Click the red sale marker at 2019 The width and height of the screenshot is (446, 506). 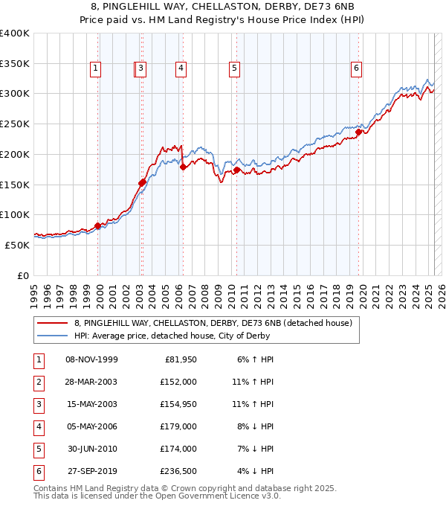tap(358, 132)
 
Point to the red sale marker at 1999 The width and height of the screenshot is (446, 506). tap(97, 225)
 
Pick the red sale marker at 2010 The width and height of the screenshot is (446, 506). tap(236, 170)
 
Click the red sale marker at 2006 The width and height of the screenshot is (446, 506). tap(183, 167)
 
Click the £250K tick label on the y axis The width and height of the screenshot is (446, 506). tap(15, 124)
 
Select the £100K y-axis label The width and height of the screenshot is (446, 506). tap(15, 215)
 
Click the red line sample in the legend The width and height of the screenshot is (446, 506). tap(53, 323)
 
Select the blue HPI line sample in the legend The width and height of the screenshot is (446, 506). tap(53, 336)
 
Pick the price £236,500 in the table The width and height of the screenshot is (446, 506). tap(179, 471)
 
